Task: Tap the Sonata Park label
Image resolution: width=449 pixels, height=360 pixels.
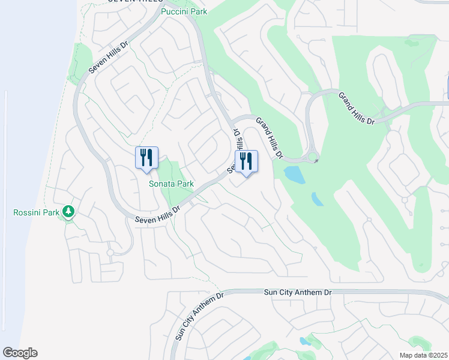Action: pyautogui.click(x=170, y=184)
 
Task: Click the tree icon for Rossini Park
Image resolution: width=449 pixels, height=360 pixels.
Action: pyautogui.click(x=69, y=211)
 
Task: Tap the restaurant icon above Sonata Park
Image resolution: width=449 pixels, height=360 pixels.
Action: pyautogui.click(x=146, y=158)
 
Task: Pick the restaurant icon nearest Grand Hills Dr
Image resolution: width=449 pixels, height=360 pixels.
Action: pyautogui.click(x=246, y=161)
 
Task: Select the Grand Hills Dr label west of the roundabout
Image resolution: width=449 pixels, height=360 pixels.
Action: pyautogui.click(x=269, y=138)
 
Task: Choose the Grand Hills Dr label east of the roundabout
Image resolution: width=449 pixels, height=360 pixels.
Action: pyautogui.click(x=356, y=108)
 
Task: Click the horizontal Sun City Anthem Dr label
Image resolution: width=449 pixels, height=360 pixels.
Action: pyautogui.click(x=298, y=292)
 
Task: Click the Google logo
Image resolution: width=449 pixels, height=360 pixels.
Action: pyautogui.click(x=20, y=353)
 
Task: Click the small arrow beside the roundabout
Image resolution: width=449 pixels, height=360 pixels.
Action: pyautogui.click(x=316, y=161)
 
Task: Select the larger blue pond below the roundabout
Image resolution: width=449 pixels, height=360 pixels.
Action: pyautogui.click(x=294, y=175)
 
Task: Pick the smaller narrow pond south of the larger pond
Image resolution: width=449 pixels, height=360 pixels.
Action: pyautogui.click(x=317, y=199)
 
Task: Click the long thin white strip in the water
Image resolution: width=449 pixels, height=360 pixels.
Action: pyautogui.click(x=5, y=210)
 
